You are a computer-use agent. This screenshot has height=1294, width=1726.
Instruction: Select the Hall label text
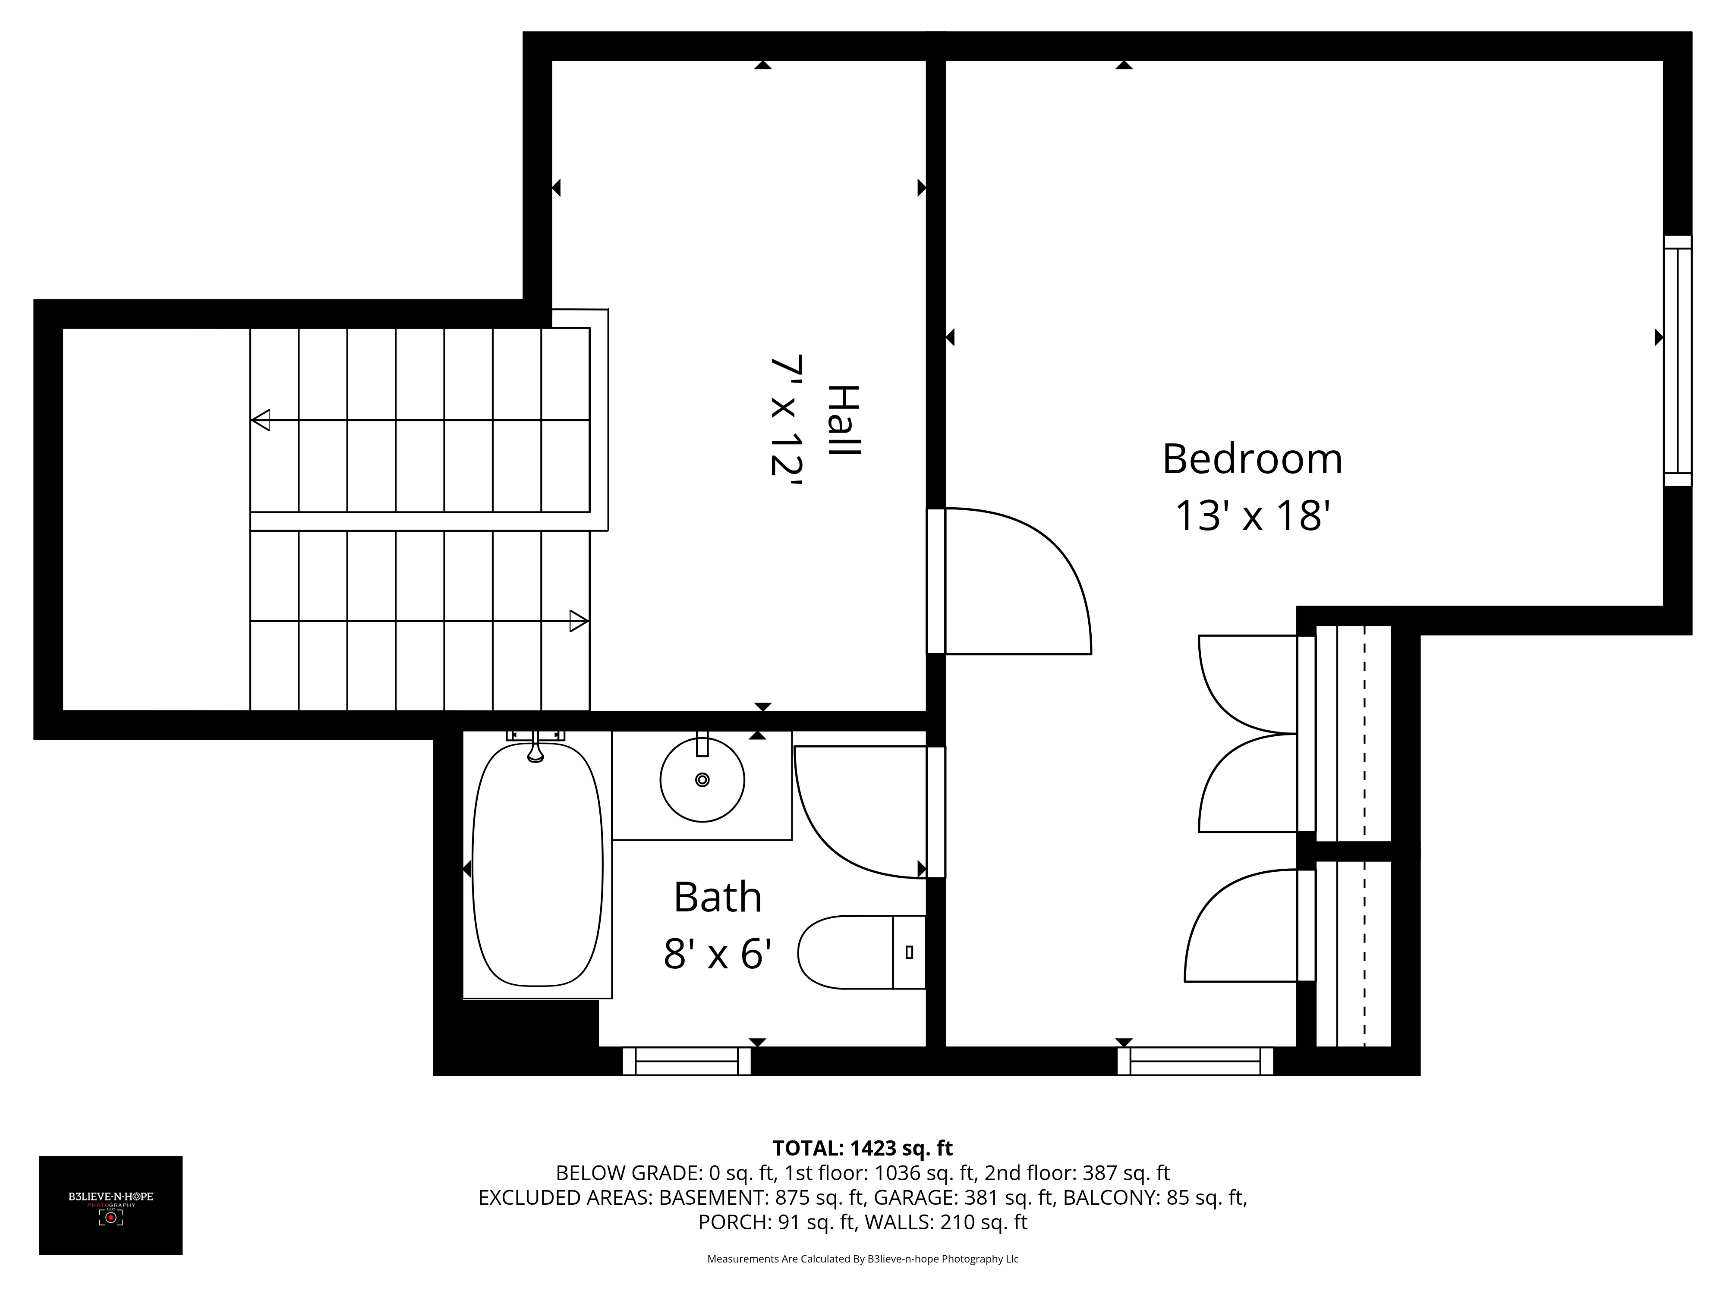click(843, 421)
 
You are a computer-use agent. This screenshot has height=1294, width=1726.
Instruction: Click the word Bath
click(717, 897)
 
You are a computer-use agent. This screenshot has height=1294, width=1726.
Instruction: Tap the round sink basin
click(702, 779)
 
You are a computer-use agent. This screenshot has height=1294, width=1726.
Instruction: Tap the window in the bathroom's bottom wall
click(687, 1061)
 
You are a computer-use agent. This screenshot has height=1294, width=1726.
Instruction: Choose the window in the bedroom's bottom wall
click(1195, 1061)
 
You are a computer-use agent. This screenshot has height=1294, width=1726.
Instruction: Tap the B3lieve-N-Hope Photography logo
click(111, 1205)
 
